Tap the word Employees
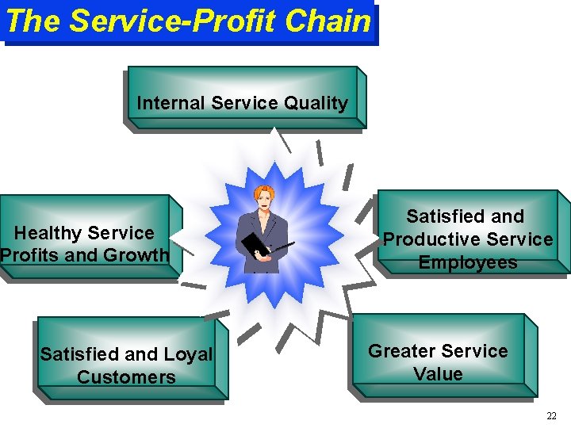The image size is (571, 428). point(468,262)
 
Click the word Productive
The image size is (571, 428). point(436,239)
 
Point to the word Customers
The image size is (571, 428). point(127,376)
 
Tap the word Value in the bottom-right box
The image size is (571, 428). point(439,373)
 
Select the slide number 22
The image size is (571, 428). point(552,416)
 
